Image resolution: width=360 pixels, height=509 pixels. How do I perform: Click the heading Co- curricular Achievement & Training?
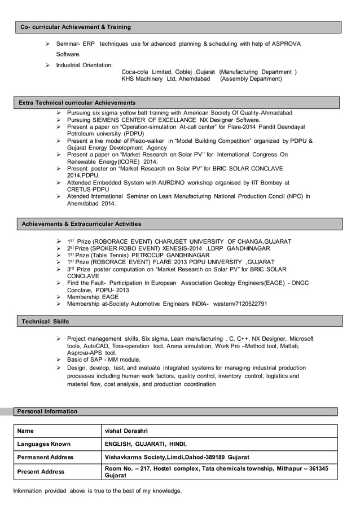[76, 27]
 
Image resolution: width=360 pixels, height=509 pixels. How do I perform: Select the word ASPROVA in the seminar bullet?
[286, 44]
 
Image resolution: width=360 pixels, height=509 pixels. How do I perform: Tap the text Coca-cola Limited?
[150, 72]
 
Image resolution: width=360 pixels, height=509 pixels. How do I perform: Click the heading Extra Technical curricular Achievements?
[77, 103]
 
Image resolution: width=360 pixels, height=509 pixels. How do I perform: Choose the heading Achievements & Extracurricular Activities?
[81, 224]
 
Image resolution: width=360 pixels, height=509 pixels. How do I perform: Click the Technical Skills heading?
[45, 321]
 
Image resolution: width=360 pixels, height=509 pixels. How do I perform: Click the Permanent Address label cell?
[46, 457]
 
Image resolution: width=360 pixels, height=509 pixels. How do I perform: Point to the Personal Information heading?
[48, 411]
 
